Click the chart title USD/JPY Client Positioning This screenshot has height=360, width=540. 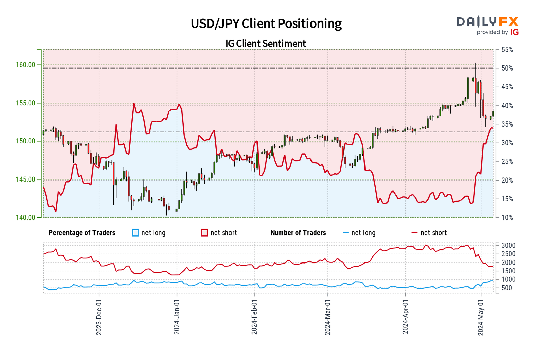(x=266, y=24)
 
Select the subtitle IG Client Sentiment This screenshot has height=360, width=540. (x=266, y=44)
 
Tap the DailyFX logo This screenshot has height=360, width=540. (x=487, y=22)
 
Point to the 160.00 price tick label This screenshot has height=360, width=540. (x=26, y=65)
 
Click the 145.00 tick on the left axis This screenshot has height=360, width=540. (x=26, y=179)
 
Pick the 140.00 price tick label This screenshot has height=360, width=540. (x=26, y=217)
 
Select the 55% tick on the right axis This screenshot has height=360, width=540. (x=507, y=50)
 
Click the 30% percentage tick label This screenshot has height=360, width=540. (x=507, y=143)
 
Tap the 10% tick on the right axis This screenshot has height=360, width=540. (x=507, y=218)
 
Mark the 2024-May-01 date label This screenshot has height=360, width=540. (x=481, y=317)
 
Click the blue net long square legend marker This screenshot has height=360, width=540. (x=136, y=233)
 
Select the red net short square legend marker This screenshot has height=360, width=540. (x=205, y=233)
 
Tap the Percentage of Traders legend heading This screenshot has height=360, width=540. (x=82, y=233)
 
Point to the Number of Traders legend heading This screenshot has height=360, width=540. (x=298, y=233)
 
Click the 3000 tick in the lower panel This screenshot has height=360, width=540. (x=508, y=245)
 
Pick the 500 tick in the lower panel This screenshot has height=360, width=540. (x=507, y=288)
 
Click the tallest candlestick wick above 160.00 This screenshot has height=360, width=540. (x=475, y=64)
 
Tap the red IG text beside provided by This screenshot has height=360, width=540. (x=515, y=32)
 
